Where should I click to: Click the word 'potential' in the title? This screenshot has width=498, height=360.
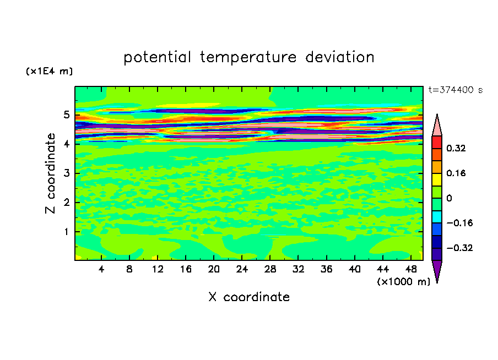(157, 58)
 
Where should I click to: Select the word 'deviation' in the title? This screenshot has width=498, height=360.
(340, 57)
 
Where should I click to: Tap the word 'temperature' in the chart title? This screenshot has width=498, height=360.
(248, 58)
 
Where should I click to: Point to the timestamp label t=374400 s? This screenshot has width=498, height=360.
(456, 90)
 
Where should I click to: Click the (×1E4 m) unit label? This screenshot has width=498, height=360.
(49, 71)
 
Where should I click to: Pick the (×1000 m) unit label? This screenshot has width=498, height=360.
(403, 282)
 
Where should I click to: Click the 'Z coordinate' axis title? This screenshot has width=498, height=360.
(50, 173)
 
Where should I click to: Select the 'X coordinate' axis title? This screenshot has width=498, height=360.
(249, 297)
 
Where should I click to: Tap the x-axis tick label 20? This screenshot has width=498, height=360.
(214, 269)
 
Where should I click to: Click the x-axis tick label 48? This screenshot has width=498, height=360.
(411, 269)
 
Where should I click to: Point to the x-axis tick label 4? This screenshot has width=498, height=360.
(101, 269)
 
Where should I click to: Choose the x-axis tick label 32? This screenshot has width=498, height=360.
(298, 269)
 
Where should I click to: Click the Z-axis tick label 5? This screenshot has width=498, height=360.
(66, 114)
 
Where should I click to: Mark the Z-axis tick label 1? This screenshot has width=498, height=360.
(66, 232)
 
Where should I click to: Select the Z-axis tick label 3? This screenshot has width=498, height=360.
(66, 173)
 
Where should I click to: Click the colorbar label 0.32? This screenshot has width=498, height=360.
(456, 148)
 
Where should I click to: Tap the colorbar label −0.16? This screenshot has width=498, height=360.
(459, 223)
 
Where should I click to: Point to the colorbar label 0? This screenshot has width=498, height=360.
(449, 198)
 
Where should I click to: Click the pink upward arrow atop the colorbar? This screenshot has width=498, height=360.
(437, 125)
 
